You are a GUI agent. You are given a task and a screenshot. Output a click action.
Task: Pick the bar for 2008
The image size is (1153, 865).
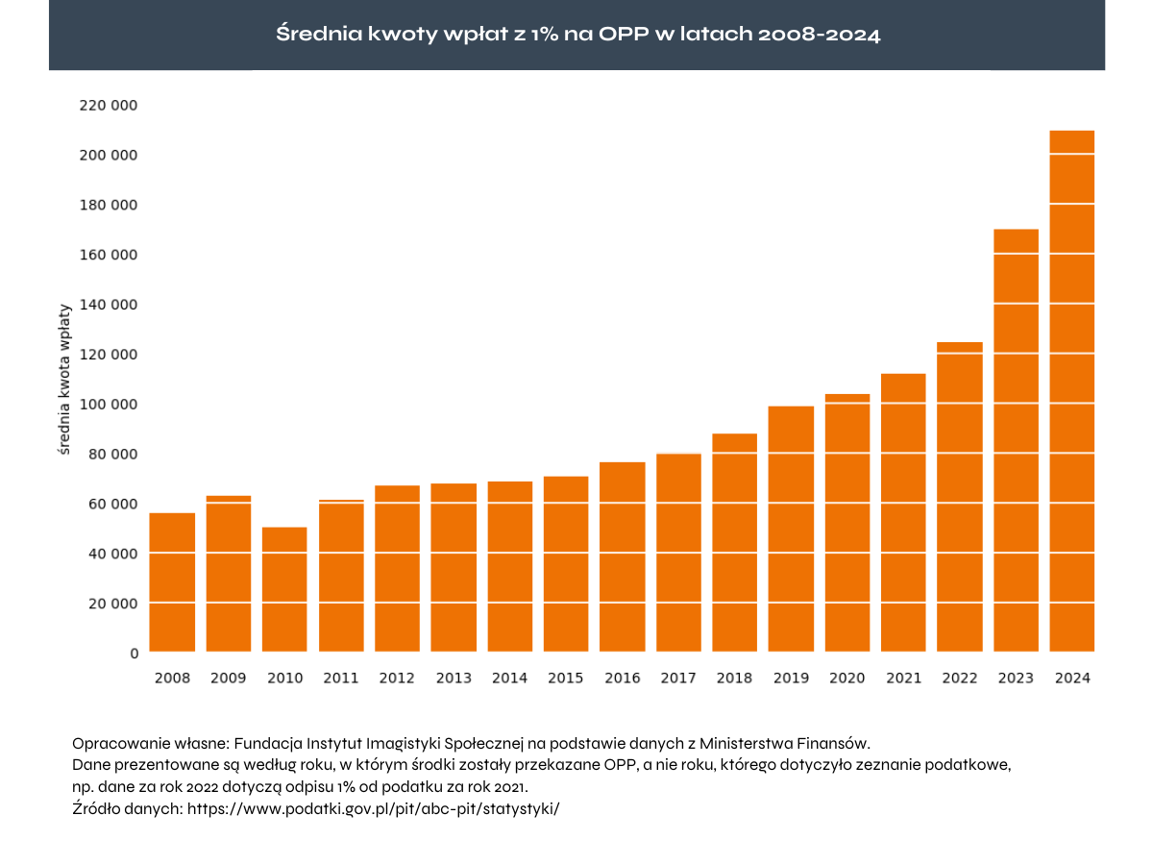click(x=172, y=582)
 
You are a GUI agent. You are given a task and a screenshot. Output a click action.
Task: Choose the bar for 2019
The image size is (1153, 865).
click(x=791, y=529)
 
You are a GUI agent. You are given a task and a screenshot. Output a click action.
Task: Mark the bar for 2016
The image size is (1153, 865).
click(x=622, y=556)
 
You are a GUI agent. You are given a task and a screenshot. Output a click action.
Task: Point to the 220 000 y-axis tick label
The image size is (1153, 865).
click(x=108, y=106)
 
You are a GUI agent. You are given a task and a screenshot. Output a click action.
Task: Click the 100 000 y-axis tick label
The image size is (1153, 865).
click(x=108, y=405)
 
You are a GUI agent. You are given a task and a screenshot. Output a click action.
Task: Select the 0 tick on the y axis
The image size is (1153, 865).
click(x=134, y=654)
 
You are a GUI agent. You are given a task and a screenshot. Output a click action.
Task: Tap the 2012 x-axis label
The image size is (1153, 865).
click(x=397, y=679)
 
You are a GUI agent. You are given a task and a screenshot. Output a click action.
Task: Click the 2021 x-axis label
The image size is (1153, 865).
click(x=903, y=679)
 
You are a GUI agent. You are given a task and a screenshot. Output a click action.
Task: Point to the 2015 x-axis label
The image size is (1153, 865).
click(x=565, y=679)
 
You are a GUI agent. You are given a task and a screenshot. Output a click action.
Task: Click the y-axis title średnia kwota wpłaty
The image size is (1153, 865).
click(x=64, y=379)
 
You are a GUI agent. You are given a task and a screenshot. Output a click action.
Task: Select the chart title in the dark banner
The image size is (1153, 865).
click(x=577, y=35)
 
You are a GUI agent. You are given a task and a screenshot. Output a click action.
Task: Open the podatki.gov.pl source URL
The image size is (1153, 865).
click(x=373, y=808)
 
